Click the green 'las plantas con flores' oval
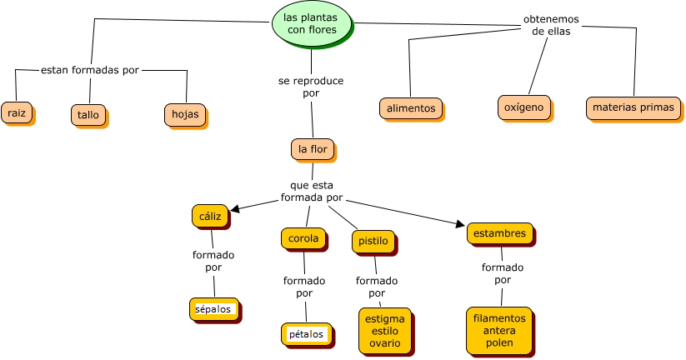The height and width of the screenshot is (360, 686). coord(312,23)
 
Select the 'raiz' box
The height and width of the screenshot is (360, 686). coord(17,112)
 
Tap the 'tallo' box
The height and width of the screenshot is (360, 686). coord(88,114)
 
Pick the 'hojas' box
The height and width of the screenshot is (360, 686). coord(184,114)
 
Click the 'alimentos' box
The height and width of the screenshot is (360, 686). coord(411,108)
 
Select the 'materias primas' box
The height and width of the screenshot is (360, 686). coord(633,107)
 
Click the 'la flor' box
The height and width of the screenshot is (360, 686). coord(313,149)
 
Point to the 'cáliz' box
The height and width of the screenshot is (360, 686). coord(210,216)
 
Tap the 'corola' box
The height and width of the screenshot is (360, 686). coord(303,238)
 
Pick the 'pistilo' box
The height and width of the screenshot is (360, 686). coord(373,242)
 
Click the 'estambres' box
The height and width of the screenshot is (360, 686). coord(499,233)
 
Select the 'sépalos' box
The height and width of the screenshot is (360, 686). coord(214,309)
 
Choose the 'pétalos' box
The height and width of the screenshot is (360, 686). coord(306,334)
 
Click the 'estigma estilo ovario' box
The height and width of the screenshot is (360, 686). coord(385,331)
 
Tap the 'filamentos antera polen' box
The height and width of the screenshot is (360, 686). coord(499,330)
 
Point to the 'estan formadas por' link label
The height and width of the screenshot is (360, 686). coord(90,70)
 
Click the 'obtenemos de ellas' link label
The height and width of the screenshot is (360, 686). coord(551,25)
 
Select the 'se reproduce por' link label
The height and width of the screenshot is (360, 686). coord(311,87)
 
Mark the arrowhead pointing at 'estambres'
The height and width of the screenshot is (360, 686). coord(460,223)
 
